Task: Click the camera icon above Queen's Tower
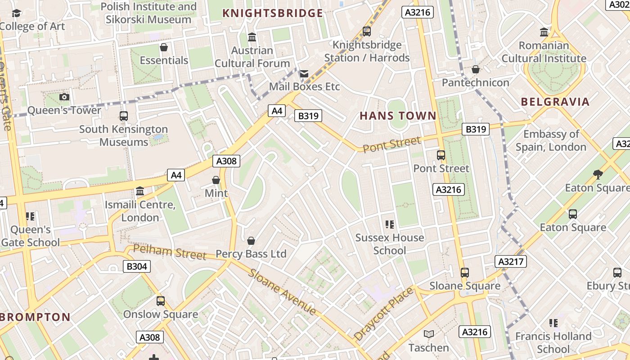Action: click(x=64, y=97)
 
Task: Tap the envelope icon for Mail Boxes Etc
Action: click(x=304, y=73)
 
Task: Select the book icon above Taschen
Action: click(x=429, y=334)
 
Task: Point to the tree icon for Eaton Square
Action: click(x=598, y=174)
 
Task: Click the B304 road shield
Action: click(x=136, y=266)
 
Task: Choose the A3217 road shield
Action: click(x=511, y=261)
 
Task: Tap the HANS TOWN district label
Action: click(x=398, y=116)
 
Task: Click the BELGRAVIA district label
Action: click(x=555, y=102)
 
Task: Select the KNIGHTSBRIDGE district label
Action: click(x=273, y=13)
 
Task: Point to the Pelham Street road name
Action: click(x=170, y=252)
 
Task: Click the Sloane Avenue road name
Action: click(x=282, y=292)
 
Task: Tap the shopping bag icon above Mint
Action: click(x=216, y=180)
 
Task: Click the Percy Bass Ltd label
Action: click(x=251, y=254)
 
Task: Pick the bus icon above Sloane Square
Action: click(x=464, y=273)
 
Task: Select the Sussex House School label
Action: click(x=390, y=244)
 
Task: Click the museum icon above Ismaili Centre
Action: click(x=140, y=191)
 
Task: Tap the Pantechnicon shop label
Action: click(x=475, y=83)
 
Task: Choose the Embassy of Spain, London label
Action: click(x=551, y=140)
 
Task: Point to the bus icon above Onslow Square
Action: click(x=160, y=301)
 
